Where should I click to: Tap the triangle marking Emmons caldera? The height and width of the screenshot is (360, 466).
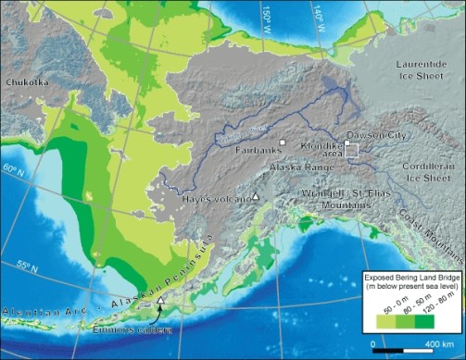[161, 301]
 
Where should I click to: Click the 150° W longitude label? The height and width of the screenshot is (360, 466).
[268, 16]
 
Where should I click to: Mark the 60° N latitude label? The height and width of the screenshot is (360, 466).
[10, 169]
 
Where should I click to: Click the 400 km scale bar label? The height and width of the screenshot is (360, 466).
[435, 343]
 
